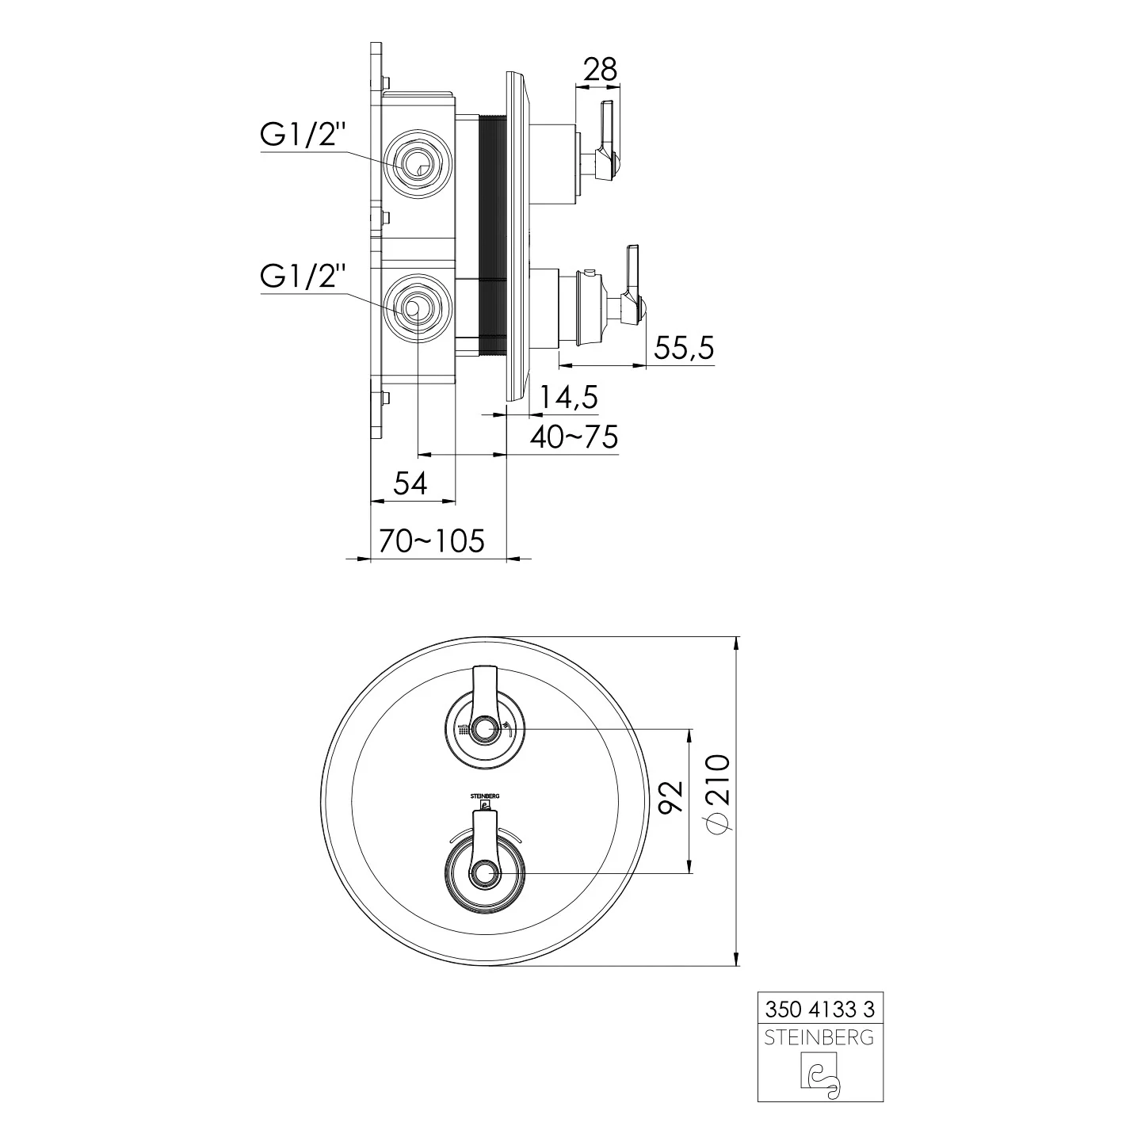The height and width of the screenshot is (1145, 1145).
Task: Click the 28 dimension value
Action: pos(600,70)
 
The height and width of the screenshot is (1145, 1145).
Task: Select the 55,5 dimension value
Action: pos(684,348)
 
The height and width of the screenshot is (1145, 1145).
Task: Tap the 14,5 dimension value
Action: pos(569,397)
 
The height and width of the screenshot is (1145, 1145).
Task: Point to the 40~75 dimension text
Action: pos(574,437)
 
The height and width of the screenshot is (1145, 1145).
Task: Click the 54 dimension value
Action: pos(410,483)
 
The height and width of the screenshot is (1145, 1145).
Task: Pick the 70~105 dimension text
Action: pos(432,541)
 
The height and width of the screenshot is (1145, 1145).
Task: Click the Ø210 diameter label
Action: pos(717,795)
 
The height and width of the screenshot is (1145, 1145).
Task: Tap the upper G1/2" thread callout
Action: pos(303,135)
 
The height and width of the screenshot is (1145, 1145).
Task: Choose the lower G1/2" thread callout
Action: pos(303,277)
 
